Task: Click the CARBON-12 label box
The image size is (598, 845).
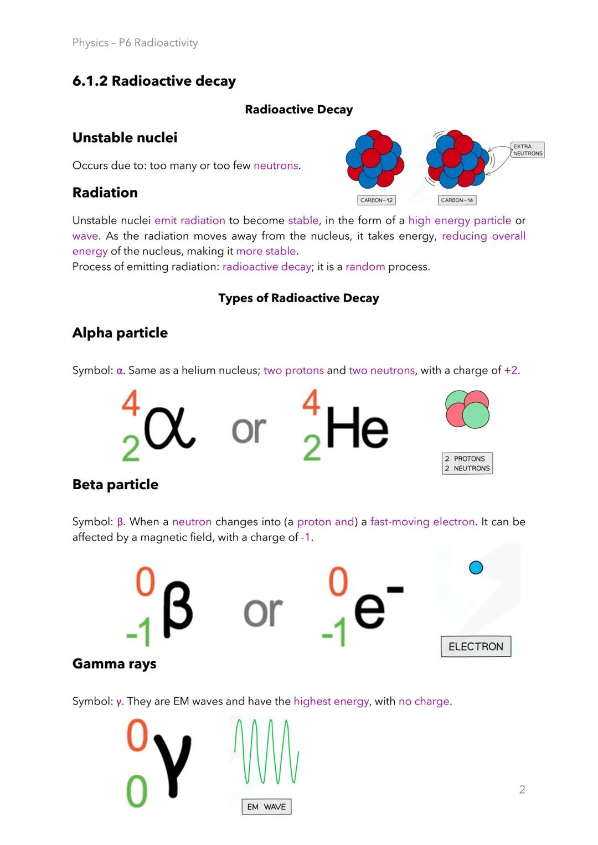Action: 377,200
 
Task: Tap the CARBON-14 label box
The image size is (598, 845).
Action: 457,200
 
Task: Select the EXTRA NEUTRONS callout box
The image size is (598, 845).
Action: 527,150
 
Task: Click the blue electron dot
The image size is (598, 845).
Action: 476,567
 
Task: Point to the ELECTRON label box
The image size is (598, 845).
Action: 476,646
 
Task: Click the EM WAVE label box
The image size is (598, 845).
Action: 266,807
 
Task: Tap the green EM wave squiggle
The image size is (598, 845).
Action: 266,751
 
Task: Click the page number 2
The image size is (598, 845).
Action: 522,790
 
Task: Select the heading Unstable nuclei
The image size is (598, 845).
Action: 125,138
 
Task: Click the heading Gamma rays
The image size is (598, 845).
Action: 114,663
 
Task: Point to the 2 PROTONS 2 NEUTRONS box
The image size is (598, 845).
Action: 467,464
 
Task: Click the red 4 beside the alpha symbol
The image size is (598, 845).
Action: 131,403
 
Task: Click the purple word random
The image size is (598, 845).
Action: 365,267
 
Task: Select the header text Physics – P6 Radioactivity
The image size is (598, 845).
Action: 135,43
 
